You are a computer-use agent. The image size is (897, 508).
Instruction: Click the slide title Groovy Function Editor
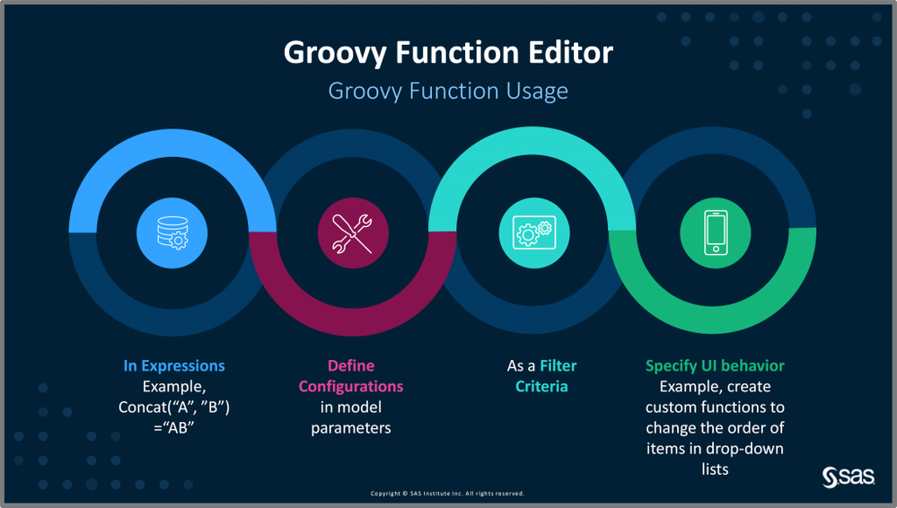[x=448, y=53]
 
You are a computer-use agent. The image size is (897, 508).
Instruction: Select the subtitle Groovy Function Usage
[x=448, y=91]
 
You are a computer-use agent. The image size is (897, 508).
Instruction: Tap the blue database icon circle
[x=172, y=232]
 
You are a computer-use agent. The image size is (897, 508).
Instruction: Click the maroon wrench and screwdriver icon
[x=353, y=232]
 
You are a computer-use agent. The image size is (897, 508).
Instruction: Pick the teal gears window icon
[x=534, y=232]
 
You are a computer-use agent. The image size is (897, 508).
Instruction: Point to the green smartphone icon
[x=715, y=232]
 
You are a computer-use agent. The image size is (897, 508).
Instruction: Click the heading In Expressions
[x=174, y=365]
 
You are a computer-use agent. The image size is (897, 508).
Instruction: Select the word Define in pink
[x=351, y=365]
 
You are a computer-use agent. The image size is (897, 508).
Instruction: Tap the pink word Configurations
[x=351, y=387]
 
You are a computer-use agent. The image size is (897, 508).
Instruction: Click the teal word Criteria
[x=541, y=387]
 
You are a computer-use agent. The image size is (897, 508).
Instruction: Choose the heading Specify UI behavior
[x=715, y=365]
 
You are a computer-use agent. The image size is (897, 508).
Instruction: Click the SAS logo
[x=849, y=477]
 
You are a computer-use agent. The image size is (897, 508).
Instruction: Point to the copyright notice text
[x=447, y=493]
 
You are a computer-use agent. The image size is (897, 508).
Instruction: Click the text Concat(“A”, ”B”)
[x=174, y=407]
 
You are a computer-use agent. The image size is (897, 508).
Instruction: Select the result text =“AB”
[x=174, y=428]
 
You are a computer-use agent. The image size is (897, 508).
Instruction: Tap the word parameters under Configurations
[x=351, y=428]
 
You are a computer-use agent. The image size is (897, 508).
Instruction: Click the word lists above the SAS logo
[x=715, y=469]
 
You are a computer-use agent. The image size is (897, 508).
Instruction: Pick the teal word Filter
[x=558, y=365]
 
